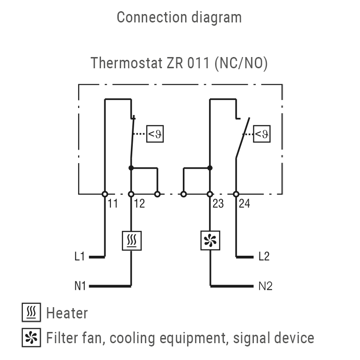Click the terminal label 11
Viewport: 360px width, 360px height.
(112, 204)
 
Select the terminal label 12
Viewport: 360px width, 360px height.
(139, 204)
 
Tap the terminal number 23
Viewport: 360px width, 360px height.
(218, 204)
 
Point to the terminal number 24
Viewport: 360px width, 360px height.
(245, 204)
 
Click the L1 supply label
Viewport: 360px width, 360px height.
(79, 257)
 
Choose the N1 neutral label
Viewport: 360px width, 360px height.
(80, 286)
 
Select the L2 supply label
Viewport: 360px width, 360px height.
(265, 257)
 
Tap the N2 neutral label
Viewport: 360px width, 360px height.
(265, 286)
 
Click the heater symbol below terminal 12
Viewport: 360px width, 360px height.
(131, 241)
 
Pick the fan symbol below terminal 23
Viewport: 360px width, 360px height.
(210, 241)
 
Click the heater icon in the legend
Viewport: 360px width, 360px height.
(31, 312)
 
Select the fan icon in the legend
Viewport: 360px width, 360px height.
(31, 338)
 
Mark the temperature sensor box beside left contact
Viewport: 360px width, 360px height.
(155, 134)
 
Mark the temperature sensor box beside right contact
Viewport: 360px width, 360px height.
(262, 134)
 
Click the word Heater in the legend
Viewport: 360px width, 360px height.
(67, 313)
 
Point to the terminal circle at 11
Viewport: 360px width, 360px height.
(105, 194)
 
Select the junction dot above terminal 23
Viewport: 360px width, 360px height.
(210, 167)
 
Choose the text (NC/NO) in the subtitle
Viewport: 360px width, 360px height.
(241, 63)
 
